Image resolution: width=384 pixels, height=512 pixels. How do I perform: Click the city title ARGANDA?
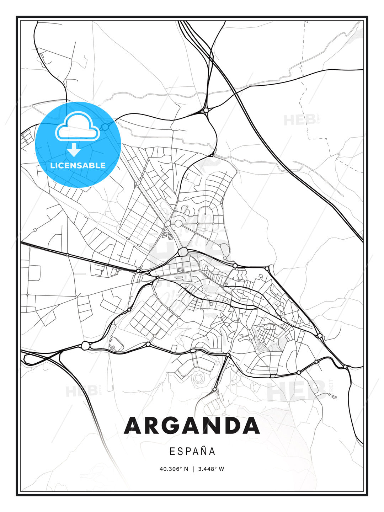(192, 426)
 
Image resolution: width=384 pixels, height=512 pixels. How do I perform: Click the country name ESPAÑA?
(192, 452)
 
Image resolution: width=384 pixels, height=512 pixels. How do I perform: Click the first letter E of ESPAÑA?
(172, 452)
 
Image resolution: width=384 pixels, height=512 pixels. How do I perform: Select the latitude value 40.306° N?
(174, 469)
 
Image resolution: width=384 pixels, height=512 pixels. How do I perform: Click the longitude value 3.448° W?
(211, 469)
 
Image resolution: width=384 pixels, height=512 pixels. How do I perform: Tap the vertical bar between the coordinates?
(193, 469)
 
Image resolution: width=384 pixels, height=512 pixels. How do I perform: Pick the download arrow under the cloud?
(74, 150)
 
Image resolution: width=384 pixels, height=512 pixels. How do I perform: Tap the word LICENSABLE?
(78, 165)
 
